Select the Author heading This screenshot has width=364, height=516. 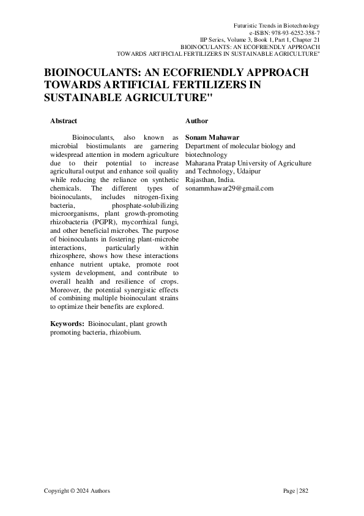tap(196, 121)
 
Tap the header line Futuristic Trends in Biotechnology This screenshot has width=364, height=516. tap(277, 23)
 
